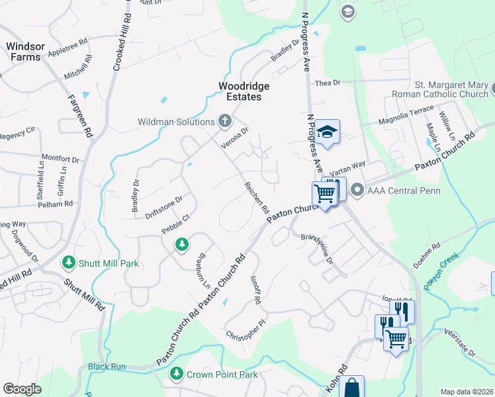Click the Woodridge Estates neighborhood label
click(241, 91)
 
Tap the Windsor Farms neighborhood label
click(24, 52)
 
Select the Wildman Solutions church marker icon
click(225, 121)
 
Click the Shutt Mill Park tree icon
click(68, 263)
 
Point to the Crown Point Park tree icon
click(176, 375)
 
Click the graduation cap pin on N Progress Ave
click(327, 132)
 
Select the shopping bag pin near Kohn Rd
click(351, 387)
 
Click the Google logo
click(22, 388)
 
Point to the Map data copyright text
click(467, 391)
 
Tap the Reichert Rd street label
click(257, 197)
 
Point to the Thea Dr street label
click(328, 83)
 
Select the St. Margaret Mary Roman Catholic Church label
click(451, 89)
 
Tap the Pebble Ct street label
click(175, 224)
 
